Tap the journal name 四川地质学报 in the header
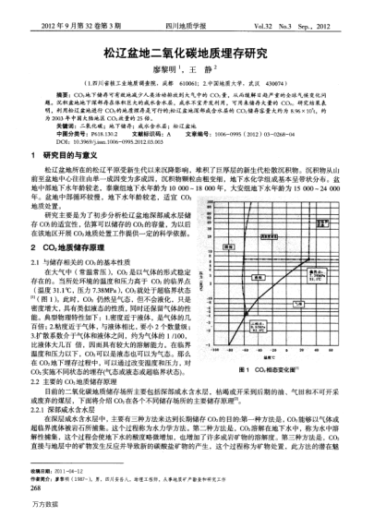pyautogui.click(x=187, y=12)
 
